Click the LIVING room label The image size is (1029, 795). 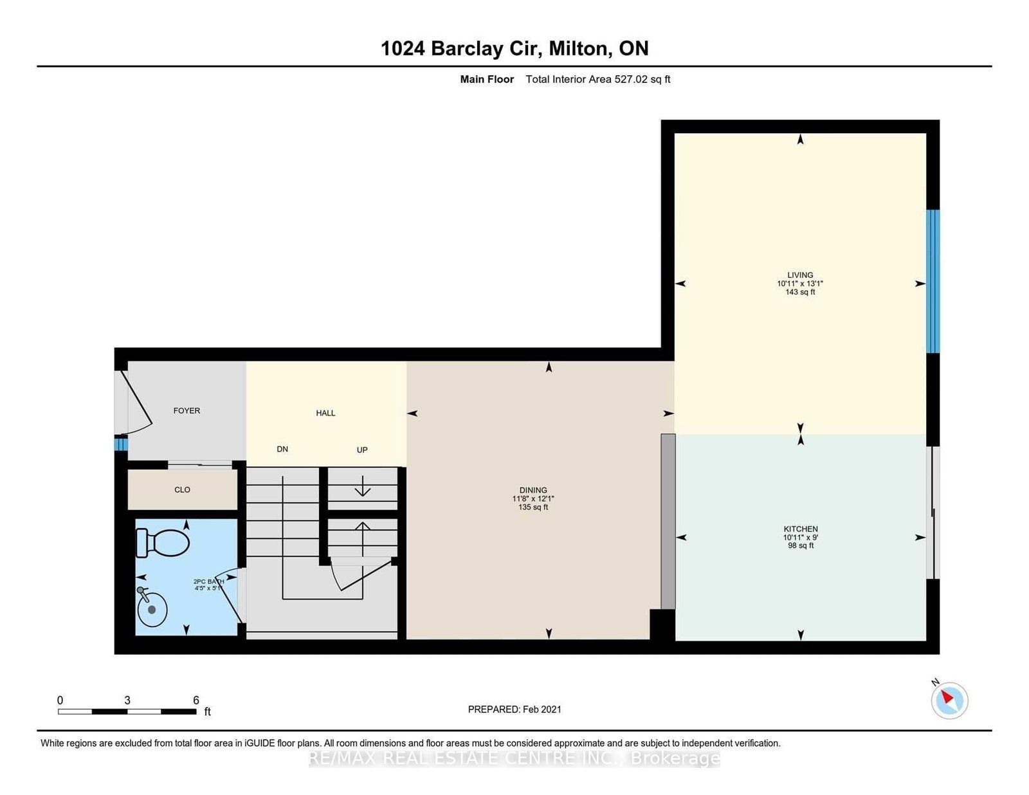(800, 275)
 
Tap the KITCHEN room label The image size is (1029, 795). (800, 529)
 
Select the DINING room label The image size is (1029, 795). (533, 490)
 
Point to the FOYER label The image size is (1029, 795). (187, 410)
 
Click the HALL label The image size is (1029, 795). (325, 413)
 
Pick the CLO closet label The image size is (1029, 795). (182, 489)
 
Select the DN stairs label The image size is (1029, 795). (282, 449)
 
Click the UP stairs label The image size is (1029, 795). (362, 450)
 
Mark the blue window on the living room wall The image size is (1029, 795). (933, 281)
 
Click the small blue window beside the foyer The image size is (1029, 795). (120, 444)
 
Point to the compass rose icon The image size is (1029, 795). (949, 700)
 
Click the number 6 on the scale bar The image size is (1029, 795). (196, 700)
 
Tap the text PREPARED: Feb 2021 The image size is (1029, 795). (514, 709)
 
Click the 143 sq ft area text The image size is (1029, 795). (800, 292)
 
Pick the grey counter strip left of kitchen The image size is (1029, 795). (668, 521)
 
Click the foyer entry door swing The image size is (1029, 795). (138, 404)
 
